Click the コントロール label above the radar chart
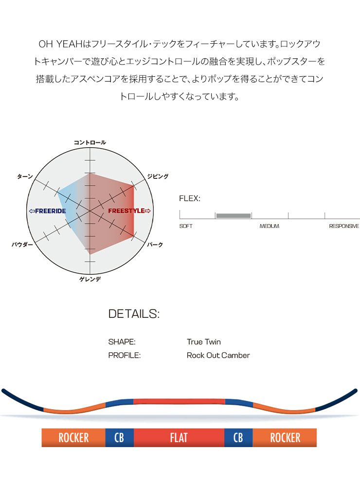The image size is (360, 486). click(90, 142)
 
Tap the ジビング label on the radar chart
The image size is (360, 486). click(158, 176)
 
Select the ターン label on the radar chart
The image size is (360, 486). click(25, 176)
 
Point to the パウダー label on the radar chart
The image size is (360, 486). click(22, 244)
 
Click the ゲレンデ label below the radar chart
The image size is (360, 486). click(90, 279)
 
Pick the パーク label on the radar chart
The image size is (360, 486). click(155, 244)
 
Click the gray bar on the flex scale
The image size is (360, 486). click(234, 216)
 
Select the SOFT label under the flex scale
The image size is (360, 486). click(185, 226)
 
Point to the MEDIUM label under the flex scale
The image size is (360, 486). click(270, 226)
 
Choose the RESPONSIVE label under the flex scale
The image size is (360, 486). click(344, 226)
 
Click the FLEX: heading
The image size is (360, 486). click(190, 198)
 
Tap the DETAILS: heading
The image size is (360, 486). click(134, 313)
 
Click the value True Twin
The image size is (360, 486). click(203, 342)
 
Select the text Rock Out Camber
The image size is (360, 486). click(218, 355)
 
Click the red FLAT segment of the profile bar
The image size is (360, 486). click(179, 438)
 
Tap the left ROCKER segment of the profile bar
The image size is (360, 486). click(73, 438)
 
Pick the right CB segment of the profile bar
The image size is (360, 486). click(238, 438)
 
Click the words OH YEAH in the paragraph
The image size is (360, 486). click(60, 44)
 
